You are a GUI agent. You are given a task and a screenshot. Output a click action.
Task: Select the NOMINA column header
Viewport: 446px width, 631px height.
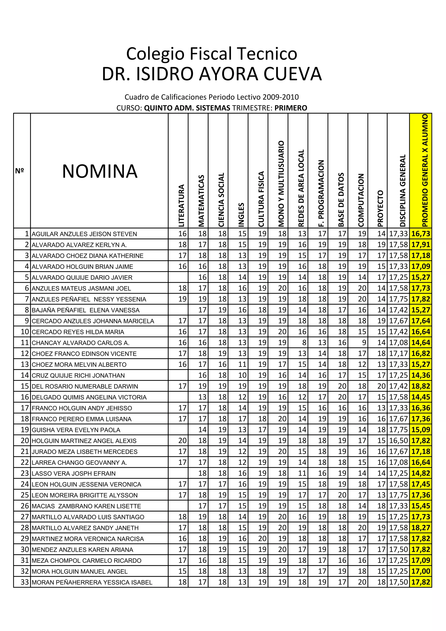[100, 171]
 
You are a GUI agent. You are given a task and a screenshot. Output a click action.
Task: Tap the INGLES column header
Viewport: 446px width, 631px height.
[241, 215]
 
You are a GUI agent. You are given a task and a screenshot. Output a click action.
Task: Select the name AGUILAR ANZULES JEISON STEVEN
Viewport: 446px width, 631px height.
[84, 234]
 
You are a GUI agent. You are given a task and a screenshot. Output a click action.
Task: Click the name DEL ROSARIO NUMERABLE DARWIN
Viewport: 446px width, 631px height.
[85, 386]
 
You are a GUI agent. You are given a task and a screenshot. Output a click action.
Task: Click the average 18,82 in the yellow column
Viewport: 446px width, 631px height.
[421, 386]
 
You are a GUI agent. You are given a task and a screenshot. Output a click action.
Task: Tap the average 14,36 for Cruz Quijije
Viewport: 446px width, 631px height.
[421, 375]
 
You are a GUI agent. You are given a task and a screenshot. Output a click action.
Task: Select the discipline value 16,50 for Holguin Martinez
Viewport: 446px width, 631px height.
[398, 441]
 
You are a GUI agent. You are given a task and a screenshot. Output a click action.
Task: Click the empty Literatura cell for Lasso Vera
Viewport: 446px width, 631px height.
[178, 473]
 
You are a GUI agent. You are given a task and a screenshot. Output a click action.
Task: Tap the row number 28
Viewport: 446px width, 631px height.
[25, 528]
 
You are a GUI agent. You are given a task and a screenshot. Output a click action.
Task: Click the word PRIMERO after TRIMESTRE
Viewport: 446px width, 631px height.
[291, 108]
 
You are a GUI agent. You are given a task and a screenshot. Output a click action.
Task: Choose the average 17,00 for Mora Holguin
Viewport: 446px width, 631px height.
[421, 571]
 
